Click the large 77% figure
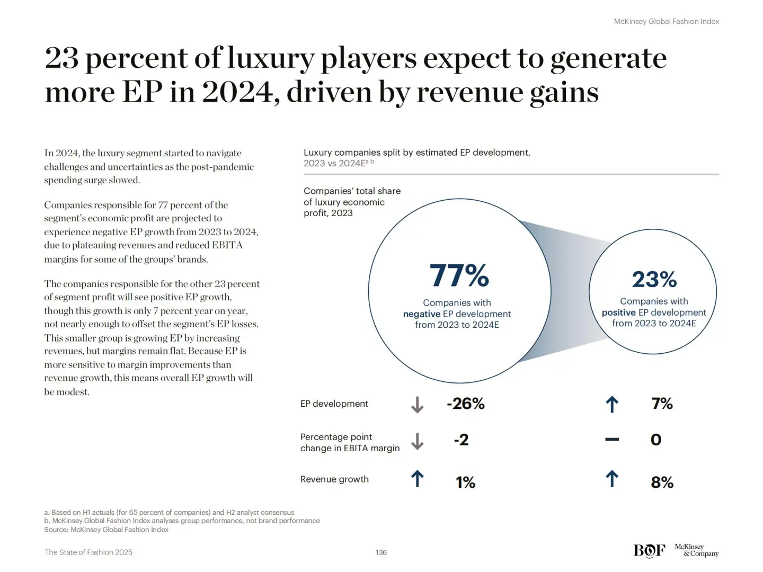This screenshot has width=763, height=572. click(x=459, y=275)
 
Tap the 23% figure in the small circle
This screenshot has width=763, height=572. click(x=654, y=279)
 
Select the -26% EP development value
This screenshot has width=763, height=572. click(x=465, y=404)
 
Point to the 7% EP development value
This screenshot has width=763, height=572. click(x=662, y=404)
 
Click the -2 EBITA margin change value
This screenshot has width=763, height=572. click(x=461, y=440)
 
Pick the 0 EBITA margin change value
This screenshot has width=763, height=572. click(x=656, y=440)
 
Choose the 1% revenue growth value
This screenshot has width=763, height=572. click(x=465, y=482)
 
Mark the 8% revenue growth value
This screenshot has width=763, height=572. click(x=662, y=482)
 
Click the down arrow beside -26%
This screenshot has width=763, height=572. click(x=418, y=405)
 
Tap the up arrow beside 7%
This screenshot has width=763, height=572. click(x=612, y=405)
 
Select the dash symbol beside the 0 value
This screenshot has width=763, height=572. click(x=612, y=440)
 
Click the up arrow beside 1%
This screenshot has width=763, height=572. click(x=418, y=479)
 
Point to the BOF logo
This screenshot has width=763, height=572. click(x=649, y=551)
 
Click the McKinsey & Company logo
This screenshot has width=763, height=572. click(x=696, y=550)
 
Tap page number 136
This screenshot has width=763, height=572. click(x=381, y=552)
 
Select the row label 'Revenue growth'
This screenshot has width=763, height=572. click(x=334, y=479)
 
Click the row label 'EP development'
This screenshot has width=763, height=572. click(x=334, y=404)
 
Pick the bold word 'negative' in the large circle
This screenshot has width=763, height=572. click(x=421, y=314)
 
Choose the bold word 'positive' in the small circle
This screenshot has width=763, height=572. click(x=618, y=312)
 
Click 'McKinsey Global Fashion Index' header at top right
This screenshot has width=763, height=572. click(x=666, y=22)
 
